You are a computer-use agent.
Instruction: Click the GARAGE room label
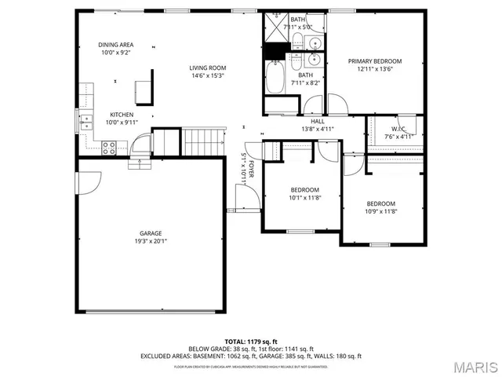(151, 233)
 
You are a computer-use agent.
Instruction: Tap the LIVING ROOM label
(207, 68)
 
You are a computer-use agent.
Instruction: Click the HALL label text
(318, 121)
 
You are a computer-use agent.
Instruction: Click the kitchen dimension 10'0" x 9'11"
(122, 123)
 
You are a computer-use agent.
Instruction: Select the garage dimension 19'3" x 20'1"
(151, 241)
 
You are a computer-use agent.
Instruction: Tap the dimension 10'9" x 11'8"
(380, 211)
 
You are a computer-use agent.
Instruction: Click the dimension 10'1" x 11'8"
(304, 198)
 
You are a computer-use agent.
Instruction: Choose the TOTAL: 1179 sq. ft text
(250, 342)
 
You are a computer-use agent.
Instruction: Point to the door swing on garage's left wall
(88, 183)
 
